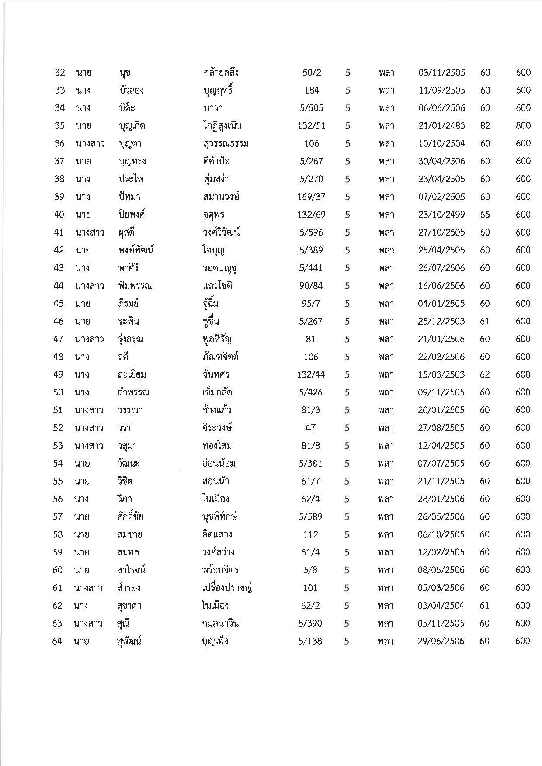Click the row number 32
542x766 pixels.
point(60,73)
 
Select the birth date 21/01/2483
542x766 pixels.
point(441,126)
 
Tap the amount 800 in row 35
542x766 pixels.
point(523,126)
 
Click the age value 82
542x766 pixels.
point(485,126)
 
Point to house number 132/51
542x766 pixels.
point(311,126)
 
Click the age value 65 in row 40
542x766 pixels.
point(485,215)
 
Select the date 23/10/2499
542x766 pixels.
point(441,215)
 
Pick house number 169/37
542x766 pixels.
point(311,197)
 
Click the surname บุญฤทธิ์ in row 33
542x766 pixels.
point(218,90)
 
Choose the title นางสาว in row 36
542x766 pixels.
point(90,144)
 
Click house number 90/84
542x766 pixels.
point(311,286)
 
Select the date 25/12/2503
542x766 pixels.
point(441,322)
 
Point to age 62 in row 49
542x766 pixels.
point(485,375)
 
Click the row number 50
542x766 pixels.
point(59,392)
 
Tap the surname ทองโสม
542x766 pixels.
point(214,446)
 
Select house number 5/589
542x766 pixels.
point(310,517)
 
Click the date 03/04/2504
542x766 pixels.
point(441,606)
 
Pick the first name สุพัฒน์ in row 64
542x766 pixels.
point(130,641)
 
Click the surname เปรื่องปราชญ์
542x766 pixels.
point(225,588)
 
